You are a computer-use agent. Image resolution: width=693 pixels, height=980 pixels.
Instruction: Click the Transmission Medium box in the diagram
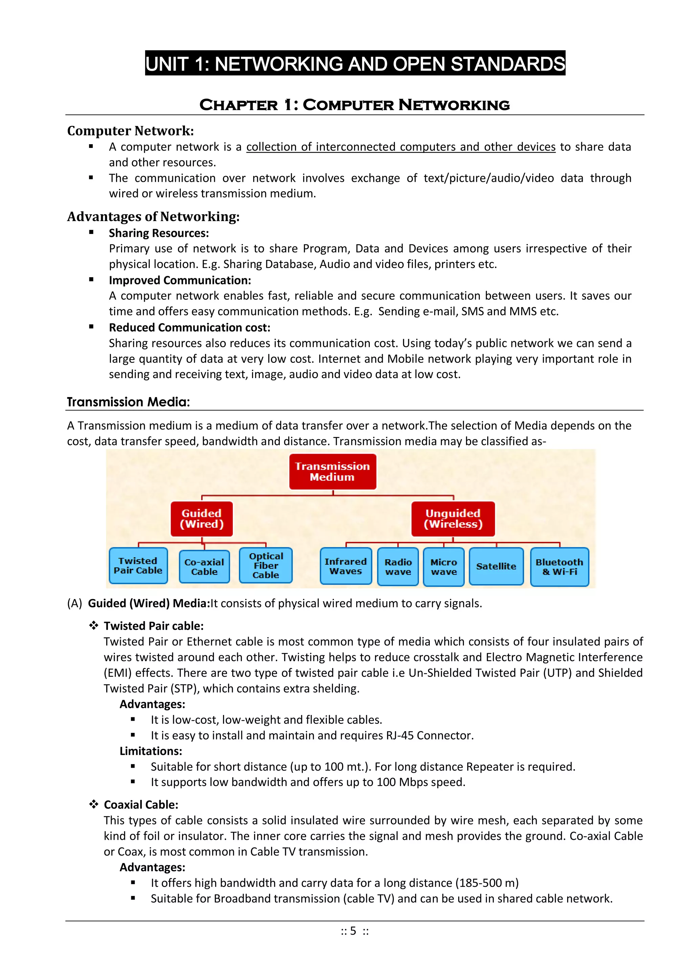click(332, 471)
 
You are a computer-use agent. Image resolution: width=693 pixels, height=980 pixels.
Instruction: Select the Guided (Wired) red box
click(201, 519)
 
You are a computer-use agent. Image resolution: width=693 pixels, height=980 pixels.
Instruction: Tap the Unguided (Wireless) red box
click(453, 519)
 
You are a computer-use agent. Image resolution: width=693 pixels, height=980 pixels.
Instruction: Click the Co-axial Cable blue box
click(204, 567)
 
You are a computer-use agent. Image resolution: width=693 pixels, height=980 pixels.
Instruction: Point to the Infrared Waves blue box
click(345, 566)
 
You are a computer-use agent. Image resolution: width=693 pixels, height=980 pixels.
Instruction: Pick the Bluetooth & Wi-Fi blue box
click(559, 567)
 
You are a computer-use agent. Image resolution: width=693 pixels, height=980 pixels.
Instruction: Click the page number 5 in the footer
click(353, 931)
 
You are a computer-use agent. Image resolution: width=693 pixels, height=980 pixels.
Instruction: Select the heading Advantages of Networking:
click(153, 217)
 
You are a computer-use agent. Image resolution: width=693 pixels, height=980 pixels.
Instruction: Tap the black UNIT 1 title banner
click(355, 64)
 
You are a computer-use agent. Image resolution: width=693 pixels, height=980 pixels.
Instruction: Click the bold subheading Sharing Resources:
click(159, 233)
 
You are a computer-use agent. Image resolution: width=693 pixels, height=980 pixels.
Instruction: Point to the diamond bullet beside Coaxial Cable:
click(93, 805)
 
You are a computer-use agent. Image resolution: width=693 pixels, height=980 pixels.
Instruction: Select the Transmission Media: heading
click(128, 402)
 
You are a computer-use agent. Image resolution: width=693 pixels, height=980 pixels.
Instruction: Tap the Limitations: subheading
click(151, 751)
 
